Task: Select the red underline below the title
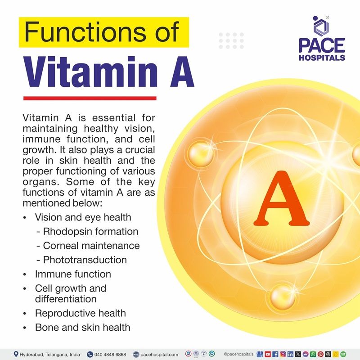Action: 90,98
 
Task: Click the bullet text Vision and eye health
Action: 83,217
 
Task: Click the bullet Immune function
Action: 73,274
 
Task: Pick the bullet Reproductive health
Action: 80,313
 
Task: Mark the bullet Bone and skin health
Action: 82,327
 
